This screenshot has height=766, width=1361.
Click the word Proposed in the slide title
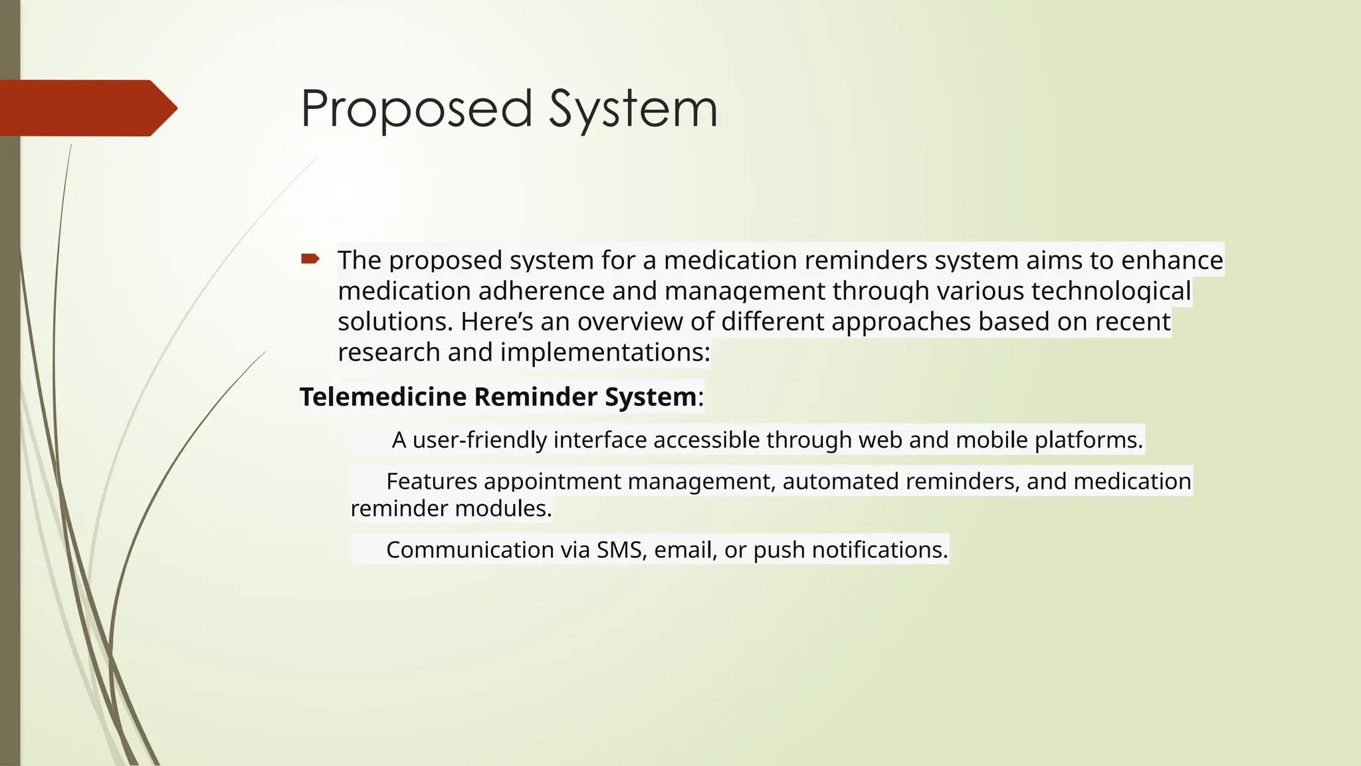(x=417, y=109)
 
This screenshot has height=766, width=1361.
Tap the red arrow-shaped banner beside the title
(x=86, y=108)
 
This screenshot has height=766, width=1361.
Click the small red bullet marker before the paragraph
(x=310, y=259)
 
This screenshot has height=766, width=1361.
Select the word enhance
(x=1172, y=260)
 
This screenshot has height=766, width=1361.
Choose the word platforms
(x=1089, y=440)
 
